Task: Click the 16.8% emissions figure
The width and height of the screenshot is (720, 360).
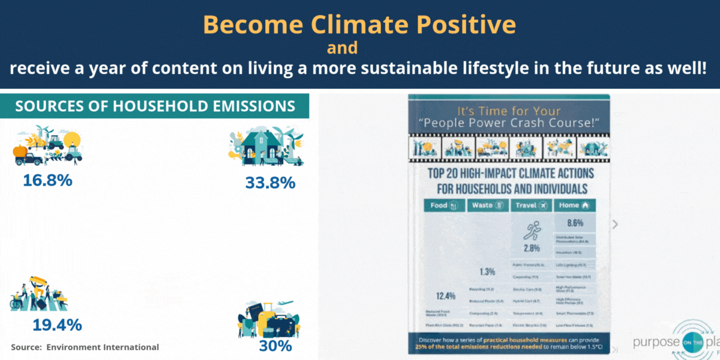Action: point(47,179)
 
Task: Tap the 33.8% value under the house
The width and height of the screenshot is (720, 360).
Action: point(270,182)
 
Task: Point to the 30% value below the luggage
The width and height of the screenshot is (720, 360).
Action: point(275,346)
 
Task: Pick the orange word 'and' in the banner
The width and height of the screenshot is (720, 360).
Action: point(342,47)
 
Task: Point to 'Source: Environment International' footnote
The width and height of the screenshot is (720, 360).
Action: point(85,347)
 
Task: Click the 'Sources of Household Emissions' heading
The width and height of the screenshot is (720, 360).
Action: point(155,106)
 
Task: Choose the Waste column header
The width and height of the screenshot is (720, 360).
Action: point(487,205)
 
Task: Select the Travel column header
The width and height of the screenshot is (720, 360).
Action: point(531,205)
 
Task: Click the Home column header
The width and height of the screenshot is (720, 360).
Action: point(575,205)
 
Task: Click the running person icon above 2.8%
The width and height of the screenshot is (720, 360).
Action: point(531,230)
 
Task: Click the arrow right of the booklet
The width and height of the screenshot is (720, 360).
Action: point(614,224)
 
